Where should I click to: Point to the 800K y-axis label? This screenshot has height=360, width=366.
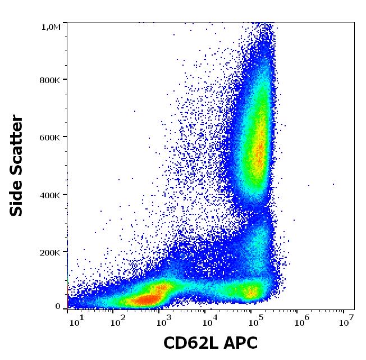pos(51,80)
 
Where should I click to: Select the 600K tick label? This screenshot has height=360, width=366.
pos(51,137)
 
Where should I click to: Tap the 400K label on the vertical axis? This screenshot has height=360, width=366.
pos(51,195)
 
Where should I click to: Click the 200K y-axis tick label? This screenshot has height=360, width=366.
pos(51,253)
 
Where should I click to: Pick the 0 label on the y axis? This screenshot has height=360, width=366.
pos(58,307)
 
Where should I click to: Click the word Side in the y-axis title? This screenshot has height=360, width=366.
pos(17,197)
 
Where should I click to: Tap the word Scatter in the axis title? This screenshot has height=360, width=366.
pos(17,144)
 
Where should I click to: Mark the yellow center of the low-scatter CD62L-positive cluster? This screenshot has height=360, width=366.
pos(250,291)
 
